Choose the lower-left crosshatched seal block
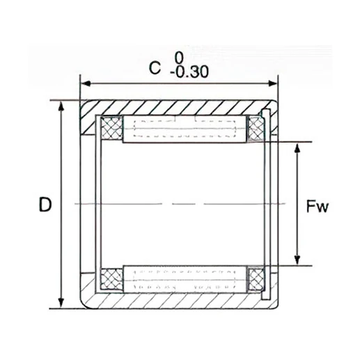coord(111,279)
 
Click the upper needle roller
coord(185,130)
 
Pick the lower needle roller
coord(185,278)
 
